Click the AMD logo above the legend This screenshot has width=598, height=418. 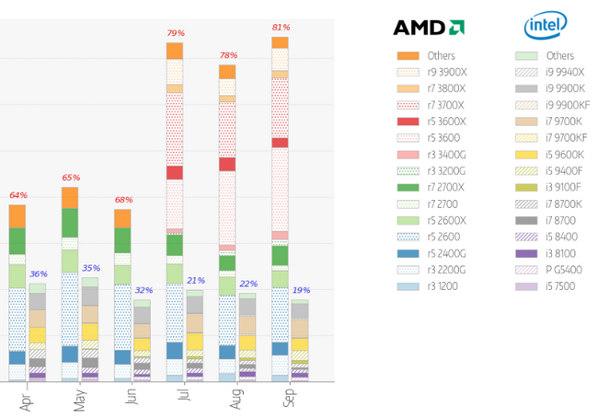point(428,27)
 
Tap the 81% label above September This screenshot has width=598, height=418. point(281,28)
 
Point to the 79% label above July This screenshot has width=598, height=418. point(175,34)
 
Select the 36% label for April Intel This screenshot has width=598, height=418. point(38,274)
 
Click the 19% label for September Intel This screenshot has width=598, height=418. point(301,290)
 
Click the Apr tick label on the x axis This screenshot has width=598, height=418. point(25,399)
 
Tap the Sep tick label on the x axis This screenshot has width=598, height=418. point(289,399)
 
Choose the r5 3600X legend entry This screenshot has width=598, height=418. point(445,122)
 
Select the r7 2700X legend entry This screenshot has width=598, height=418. point(445,188)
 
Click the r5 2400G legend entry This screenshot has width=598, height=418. point(445,253)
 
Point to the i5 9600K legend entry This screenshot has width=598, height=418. point(565,155)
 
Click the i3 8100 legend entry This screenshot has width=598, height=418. point(562,253)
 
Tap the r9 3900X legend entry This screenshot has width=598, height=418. point(445,72)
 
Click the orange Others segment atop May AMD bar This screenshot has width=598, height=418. point(70,197)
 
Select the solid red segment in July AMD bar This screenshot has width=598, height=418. point(175,172)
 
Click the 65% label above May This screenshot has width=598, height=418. point(70,178)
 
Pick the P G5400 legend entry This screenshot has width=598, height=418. point(563,270)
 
